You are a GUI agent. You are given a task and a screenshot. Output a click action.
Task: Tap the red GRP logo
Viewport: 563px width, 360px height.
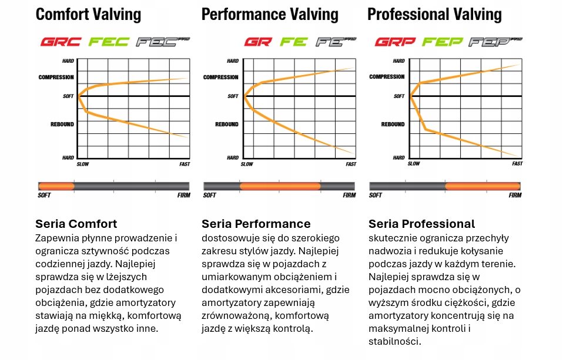(x=395, y=42)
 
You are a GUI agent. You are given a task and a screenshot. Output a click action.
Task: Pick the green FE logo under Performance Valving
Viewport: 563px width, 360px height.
(x=294, y=42)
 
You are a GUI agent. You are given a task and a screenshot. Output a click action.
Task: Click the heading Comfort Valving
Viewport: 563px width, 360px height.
(x=88, y=14)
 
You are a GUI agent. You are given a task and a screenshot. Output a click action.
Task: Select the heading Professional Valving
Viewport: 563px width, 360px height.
(x=434, y=14)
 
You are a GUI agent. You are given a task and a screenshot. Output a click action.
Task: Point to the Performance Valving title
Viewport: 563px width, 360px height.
(x=270, y=14)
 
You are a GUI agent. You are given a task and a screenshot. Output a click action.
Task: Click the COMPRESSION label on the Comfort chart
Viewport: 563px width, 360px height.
(x=56, y=77)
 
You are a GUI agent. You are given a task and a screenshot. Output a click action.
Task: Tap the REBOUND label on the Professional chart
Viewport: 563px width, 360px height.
(x=393, y=125)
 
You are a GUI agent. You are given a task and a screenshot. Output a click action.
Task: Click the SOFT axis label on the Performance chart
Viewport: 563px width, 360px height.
(x=233, y=96)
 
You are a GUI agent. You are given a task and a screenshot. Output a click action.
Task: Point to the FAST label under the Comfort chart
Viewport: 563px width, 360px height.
(x=185, y=164)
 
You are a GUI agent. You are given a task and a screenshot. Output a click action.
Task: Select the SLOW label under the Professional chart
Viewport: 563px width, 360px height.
(x=414, y=164)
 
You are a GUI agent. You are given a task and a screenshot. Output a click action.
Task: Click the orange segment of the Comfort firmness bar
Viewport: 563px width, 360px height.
(x=56, y=186)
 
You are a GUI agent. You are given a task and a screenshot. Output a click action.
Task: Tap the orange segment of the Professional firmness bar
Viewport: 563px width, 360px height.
(x=482, y=186)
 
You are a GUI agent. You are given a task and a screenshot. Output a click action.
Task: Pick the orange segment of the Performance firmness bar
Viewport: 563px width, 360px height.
(x=280, y=186)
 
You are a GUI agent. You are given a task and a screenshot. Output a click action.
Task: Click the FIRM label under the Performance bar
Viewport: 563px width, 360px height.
(x=349, y=195)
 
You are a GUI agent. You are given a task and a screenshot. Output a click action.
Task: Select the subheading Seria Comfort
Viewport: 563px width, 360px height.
(x=76, y=224)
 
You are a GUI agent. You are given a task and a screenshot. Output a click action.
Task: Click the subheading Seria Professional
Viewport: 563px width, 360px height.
(x=421, y=224)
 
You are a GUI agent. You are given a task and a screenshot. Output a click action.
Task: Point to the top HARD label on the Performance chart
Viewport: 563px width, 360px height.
(x=233, y=61)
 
